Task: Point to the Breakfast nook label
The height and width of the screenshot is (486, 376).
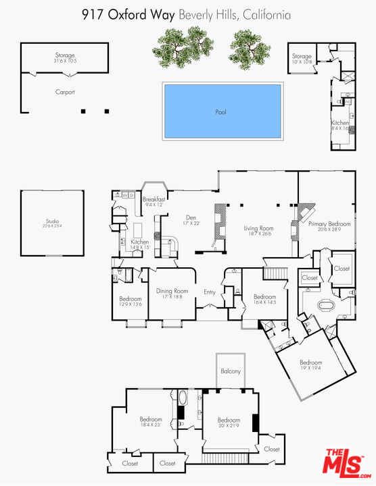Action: point(154,200)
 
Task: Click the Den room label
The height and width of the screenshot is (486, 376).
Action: point(191,218)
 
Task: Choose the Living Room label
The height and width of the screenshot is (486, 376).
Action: point(258,229)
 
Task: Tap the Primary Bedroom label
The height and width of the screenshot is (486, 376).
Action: point(329,224)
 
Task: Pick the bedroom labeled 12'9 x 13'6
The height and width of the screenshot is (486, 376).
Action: point(131,299)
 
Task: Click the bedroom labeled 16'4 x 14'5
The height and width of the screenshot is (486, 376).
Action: point(264,297)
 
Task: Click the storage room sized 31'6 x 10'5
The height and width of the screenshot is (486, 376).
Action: point(65,56)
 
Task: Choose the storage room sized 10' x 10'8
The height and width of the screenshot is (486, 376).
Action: point(302,57)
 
